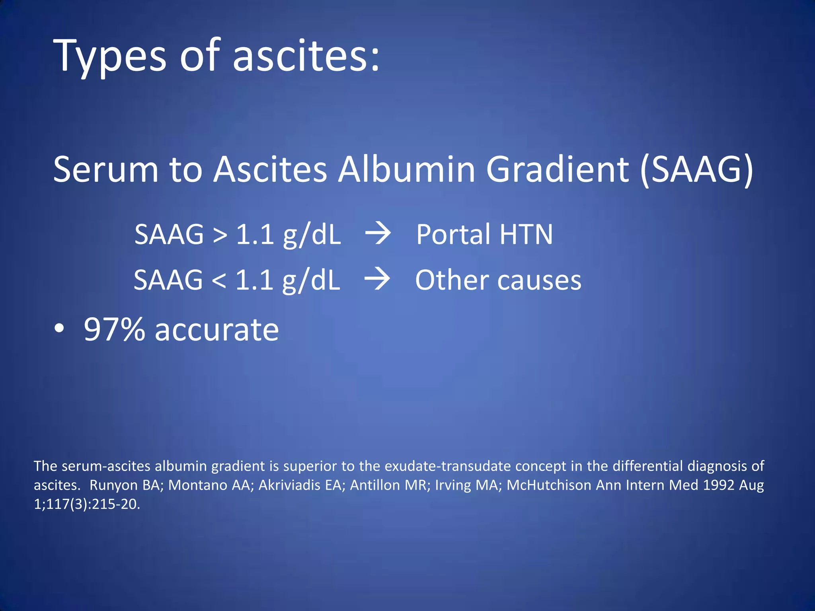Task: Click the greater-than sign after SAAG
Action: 220,235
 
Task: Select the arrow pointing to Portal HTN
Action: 378,234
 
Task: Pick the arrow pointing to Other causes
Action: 377,279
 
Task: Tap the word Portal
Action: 453,234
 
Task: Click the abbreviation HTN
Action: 526,234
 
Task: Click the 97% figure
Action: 115,330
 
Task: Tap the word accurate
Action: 217,331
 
